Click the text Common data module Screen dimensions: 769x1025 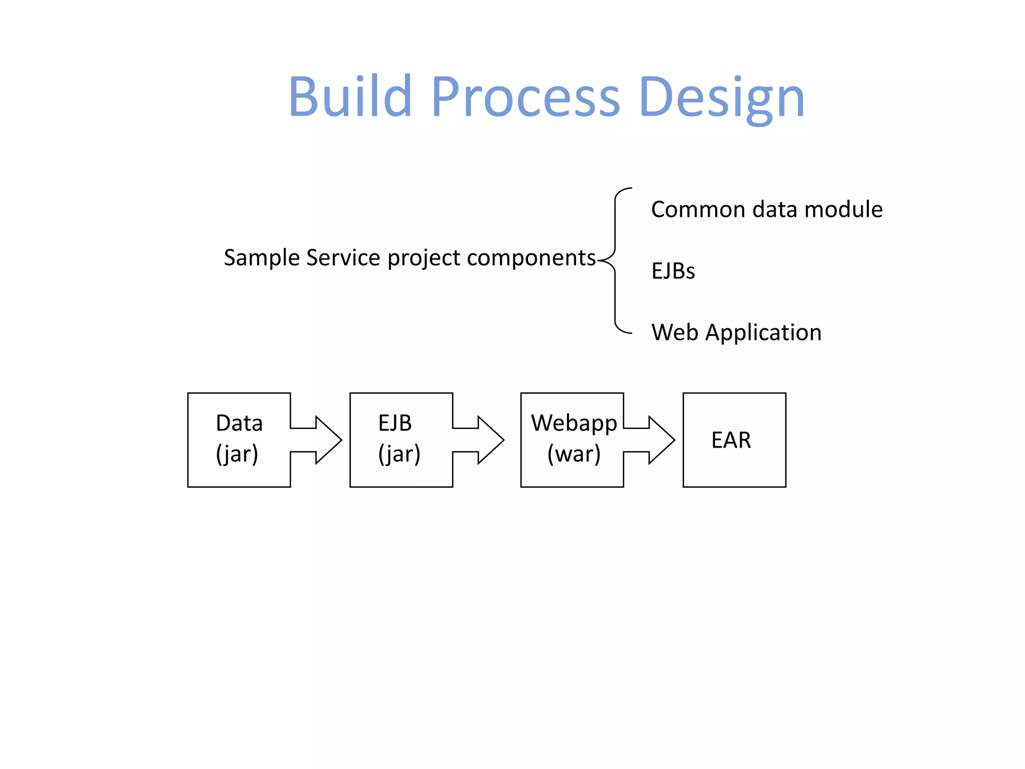click(766, 209)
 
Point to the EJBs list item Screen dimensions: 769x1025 click(673, 271)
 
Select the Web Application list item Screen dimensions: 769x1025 click(736, 332)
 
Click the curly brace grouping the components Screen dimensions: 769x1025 click(615, 260)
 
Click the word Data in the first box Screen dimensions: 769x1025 click(239, 423)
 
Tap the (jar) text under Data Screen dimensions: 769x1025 click(237, 454)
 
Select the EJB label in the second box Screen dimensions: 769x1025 click(394, 423)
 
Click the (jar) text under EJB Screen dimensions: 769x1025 click(399, 454)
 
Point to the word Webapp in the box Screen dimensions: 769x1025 click(574, 423)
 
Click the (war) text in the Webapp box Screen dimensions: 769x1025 click(574, 454)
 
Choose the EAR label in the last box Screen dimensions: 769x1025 click(731, 440)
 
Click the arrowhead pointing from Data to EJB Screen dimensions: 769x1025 click(327, 440)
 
